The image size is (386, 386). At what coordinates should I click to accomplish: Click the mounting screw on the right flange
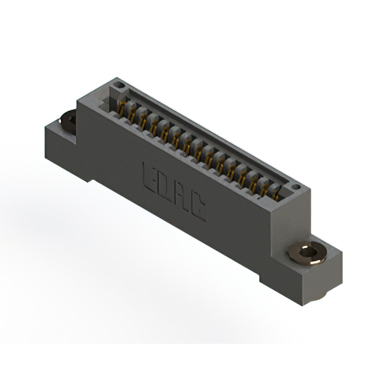click(307, 252)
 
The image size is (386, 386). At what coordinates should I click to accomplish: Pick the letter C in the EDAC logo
click(198, 209)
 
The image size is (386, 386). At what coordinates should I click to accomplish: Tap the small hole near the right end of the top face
click(295, 188)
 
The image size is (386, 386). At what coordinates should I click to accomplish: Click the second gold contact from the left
click(132, 116)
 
